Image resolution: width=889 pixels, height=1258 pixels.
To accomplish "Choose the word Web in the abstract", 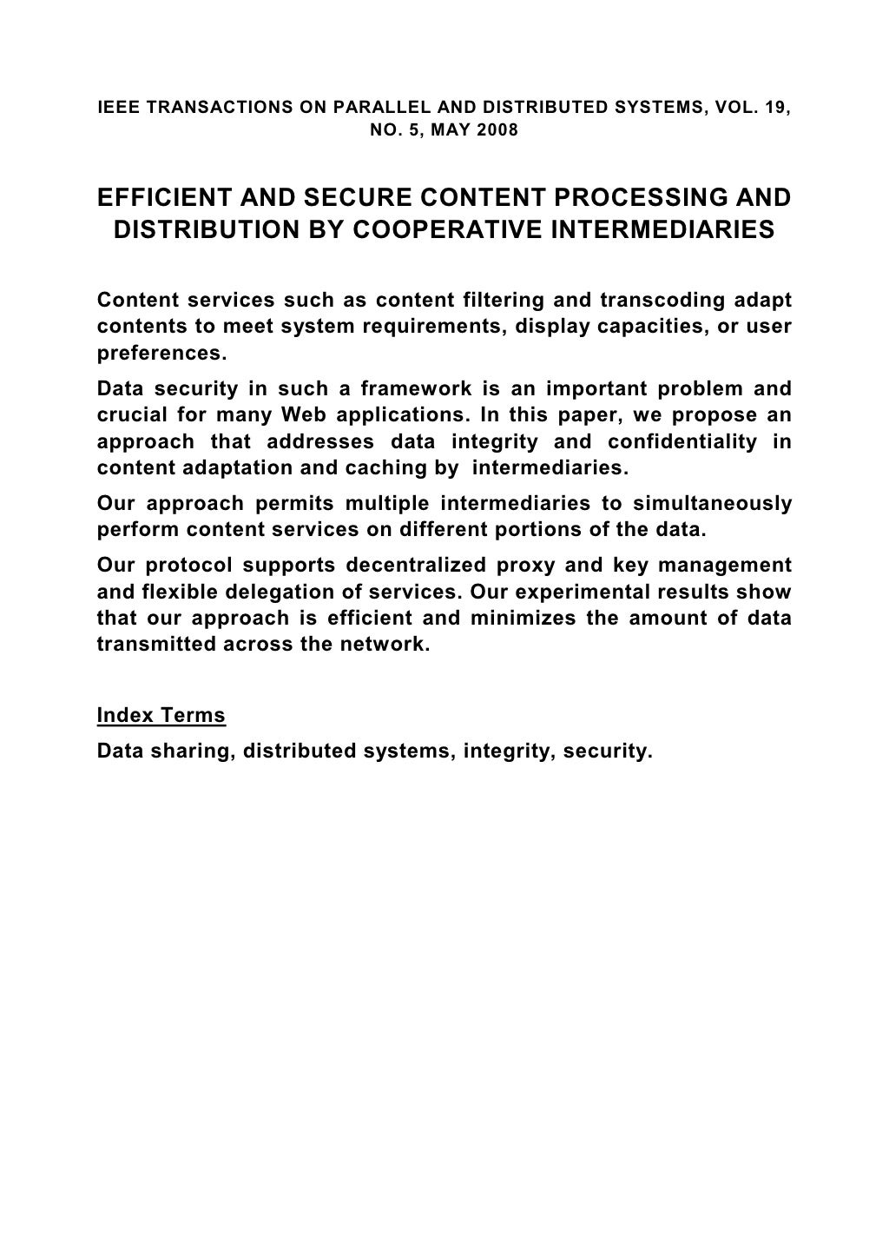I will click(303, 415).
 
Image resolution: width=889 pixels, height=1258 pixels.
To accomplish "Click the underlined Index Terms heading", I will click(161, 716).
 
